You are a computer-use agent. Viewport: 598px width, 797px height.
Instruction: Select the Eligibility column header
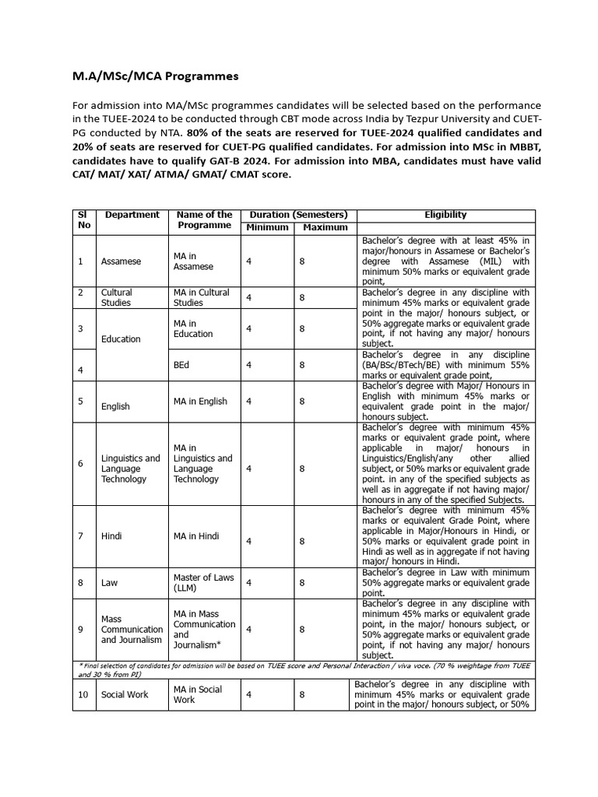445,215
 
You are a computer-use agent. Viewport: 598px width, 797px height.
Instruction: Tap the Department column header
132,215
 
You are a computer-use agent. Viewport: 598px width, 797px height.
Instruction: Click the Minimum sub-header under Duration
267,227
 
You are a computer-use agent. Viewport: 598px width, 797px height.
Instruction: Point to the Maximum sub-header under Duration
325,227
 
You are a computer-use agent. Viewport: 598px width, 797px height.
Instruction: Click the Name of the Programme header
204,220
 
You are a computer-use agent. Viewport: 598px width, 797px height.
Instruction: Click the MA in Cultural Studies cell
202,297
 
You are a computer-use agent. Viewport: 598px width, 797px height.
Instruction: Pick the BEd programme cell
183,363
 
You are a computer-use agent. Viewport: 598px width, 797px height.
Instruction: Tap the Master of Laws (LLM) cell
202,582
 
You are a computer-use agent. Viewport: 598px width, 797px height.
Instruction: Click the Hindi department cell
112,536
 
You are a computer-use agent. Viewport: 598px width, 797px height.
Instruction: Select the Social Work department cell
124,694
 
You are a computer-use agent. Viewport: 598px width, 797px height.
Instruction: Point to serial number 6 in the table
80,464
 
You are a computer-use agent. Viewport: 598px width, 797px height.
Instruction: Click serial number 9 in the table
80,630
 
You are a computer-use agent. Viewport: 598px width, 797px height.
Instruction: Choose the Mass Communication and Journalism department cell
132,630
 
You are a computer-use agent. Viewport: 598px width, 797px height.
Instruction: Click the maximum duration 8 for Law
302,582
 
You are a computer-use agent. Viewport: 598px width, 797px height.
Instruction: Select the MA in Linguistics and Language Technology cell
203,464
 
